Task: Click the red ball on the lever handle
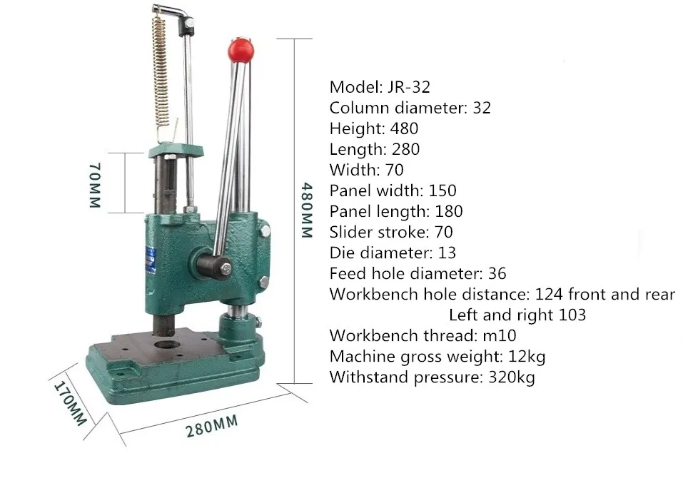point(241,50)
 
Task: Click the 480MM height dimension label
point(307,210)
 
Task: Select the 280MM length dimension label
point(212,426)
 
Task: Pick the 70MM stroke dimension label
point(95,185)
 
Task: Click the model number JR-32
point(408,87)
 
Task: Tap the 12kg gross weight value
point(527,357)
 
